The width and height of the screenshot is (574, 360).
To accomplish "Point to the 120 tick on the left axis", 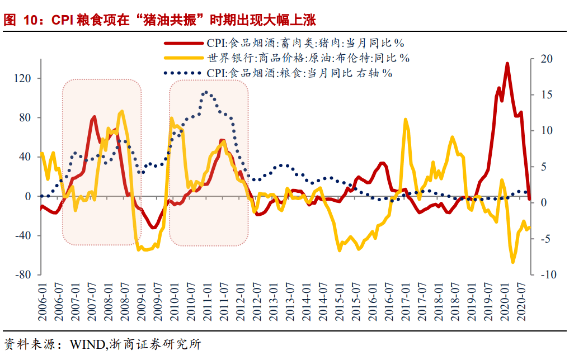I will pos(26,79).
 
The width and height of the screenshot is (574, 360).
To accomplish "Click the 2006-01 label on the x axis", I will pos(43,302).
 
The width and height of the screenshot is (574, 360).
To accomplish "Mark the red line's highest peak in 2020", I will pos(507,64).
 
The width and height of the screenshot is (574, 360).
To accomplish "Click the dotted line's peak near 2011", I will pos(206,92).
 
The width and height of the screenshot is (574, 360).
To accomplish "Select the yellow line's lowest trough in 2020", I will pos(512,262).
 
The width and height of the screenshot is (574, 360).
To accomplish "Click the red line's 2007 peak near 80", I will pos(94,117).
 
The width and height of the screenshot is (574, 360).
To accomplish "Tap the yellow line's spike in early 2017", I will pos(406,119).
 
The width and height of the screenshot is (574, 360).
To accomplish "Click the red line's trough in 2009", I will pos(153,228).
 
